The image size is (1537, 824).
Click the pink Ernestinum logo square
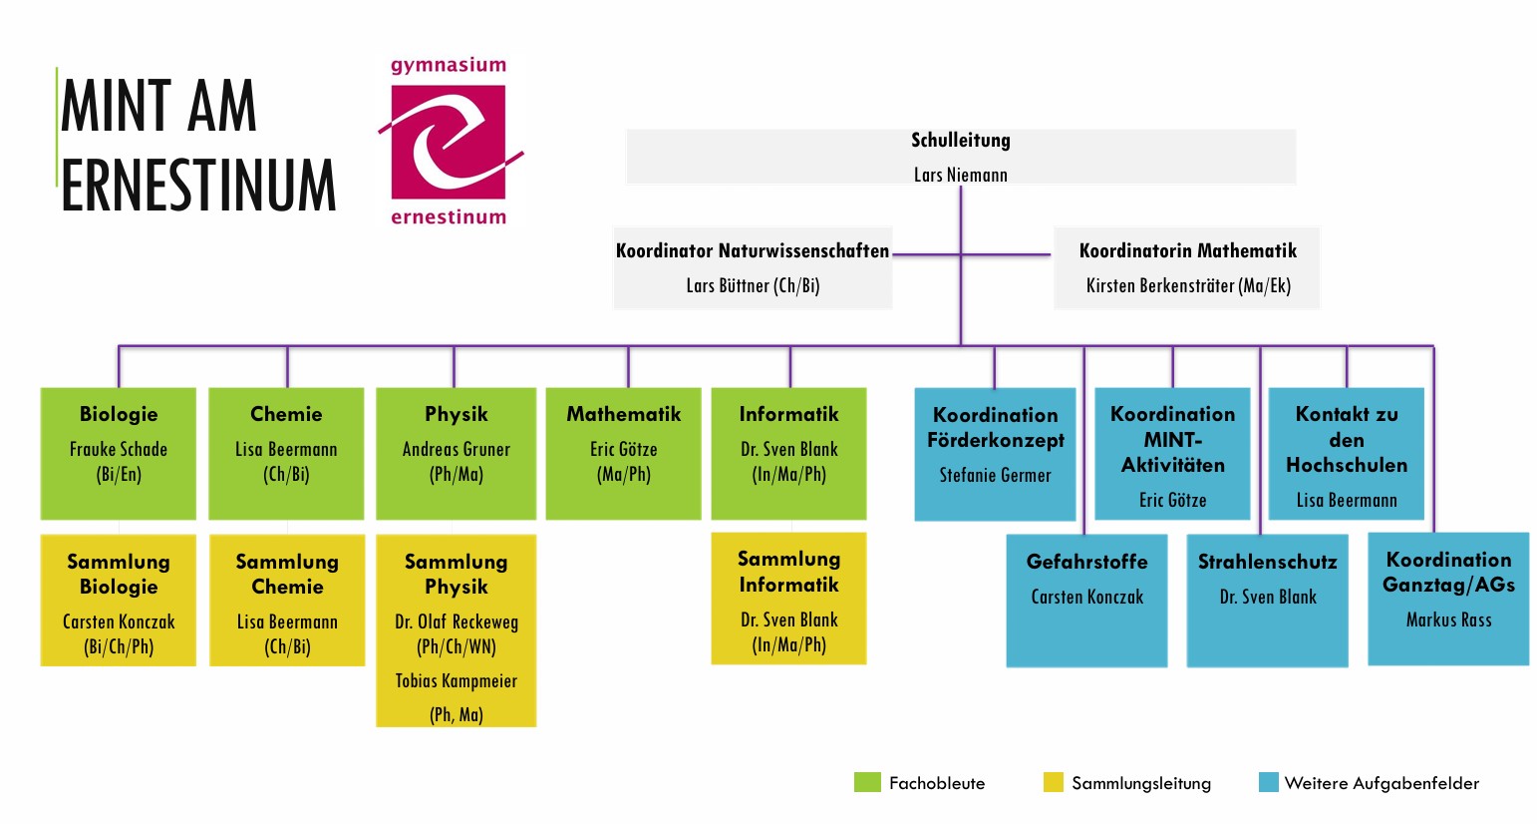[x=448, y=141]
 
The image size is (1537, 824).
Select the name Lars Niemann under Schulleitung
[x=960, y=175]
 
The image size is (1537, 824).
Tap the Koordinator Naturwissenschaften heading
[x=752, y=250]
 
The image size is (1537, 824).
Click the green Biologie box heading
[x=119, y=414]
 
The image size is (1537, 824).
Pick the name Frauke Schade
[x=119, y=449]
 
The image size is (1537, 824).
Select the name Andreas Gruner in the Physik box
[x=456, y=449]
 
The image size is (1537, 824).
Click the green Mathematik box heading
[x=624, y=414]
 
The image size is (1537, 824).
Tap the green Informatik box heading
[x=788, y=414]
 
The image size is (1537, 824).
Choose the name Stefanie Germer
[x=995, y=475]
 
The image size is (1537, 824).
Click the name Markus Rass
[x=1448, y=619]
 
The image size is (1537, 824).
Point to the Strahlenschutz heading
[x=1267, y=562]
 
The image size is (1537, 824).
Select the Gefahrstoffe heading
[x=1086, y=562]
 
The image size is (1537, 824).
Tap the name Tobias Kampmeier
[x=456, y=681]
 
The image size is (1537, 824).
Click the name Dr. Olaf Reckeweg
[x=457, y=621]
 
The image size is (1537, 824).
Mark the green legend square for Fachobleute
[x=867, y=782]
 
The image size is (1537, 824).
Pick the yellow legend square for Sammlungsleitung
[x=1053, y=782]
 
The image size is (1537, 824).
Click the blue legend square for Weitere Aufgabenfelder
[x=1268, y=782]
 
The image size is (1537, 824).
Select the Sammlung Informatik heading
[x=788, y=572]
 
